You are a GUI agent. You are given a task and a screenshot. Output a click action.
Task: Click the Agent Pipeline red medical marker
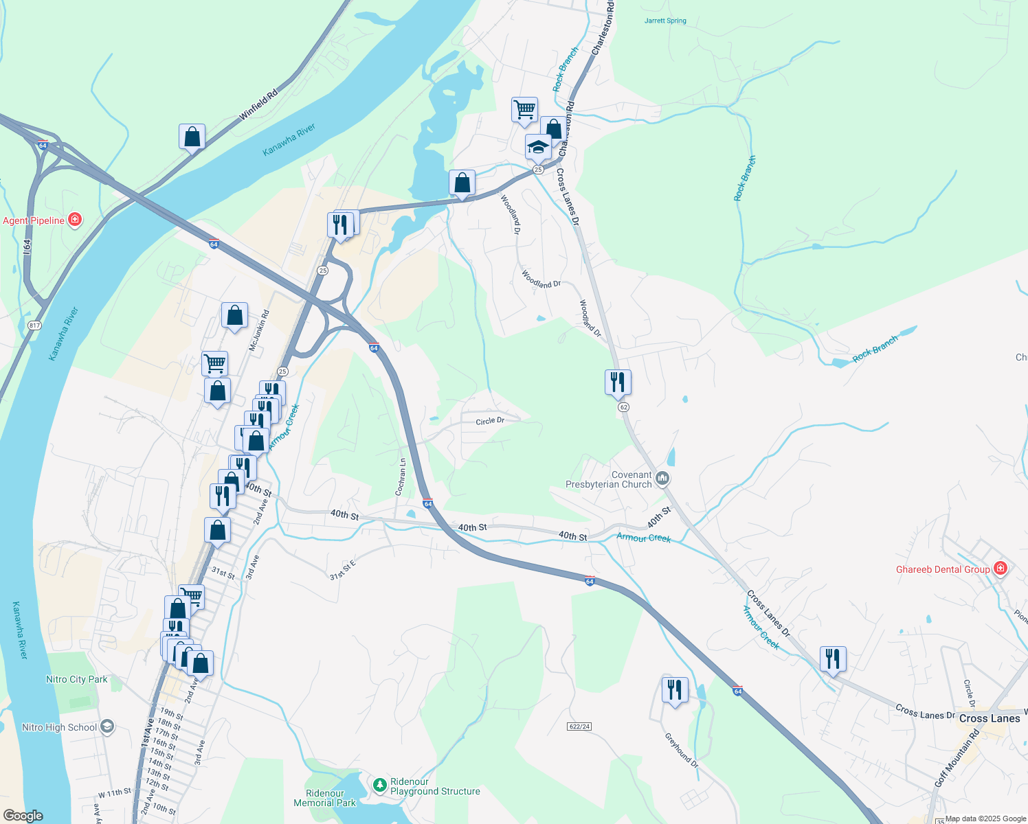[x=76, y=220]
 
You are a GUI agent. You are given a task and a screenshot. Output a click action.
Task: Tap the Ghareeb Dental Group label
[x=943, y=569]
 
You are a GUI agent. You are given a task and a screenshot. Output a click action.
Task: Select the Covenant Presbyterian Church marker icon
[x=662, y=479]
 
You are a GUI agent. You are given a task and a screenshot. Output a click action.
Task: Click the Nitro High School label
[x=59, y=727]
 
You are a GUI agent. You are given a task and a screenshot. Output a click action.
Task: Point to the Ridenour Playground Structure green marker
[x=379, y=784]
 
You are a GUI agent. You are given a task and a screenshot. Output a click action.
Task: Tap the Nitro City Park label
[x=77, y=679]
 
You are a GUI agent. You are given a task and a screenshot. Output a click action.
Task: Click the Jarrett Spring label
[x=665, y=21]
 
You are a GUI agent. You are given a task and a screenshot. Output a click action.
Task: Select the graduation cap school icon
[x=538, y=147]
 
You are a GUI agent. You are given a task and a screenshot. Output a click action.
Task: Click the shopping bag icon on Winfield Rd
[x=192, y=137]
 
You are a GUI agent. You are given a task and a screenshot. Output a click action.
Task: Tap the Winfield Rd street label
[x=258, y=105]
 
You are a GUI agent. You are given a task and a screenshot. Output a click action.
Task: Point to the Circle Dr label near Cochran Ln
[x=490, y=420]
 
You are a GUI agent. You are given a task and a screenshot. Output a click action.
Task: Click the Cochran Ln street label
[x=401, y=477]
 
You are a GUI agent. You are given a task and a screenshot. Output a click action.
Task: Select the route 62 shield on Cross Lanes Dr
[x=623, y=407]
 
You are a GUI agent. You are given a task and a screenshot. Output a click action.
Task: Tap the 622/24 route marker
[x=580, y=726]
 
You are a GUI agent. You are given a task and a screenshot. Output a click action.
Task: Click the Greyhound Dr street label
[x=681, y=750]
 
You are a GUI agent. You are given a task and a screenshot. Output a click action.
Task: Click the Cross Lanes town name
[x=990, y=718]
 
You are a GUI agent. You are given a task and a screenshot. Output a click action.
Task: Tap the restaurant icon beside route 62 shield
[x=618, y=382]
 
